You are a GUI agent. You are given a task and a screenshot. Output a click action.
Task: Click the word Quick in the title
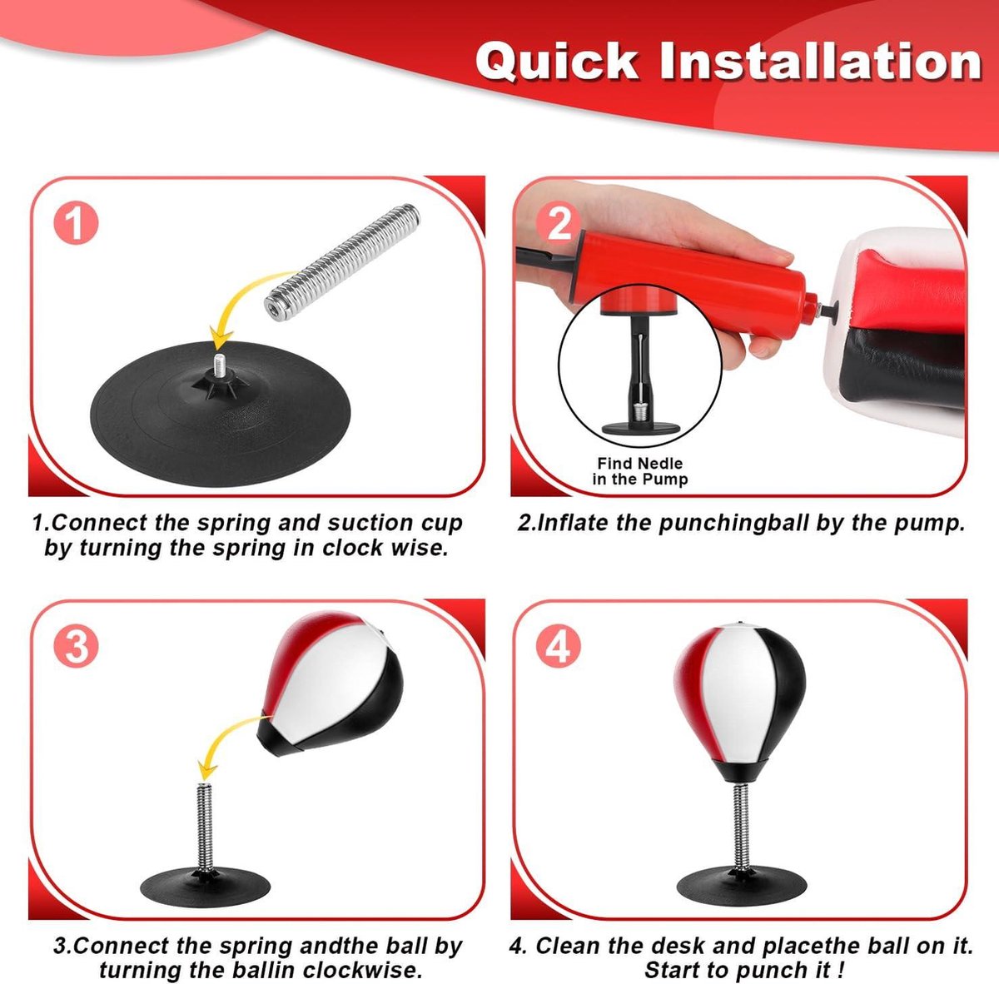(557, 61)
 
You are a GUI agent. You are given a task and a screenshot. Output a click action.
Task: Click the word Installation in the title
(820, 61)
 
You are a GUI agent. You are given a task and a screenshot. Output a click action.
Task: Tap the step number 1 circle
(77, 223)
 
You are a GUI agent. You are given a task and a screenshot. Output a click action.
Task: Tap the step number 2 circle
(559, 223)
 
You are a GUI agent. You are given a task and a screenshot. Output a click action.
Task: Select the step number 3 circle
(77, 646)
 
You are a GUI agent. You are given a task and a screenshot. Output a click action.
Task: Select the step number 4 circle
(559, 646)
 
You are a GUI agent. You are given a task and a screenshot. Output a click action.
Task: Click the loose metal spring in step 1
(342, 262)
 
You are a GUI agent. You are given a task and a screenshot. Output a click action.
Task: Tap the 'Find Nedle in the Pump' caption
(640, 470)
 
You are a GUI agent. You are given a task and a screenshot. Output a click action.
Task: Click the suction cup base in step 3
(206, 887)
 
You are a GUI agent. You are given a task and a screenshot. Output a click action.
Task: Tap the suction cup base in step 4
(742, 886)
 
